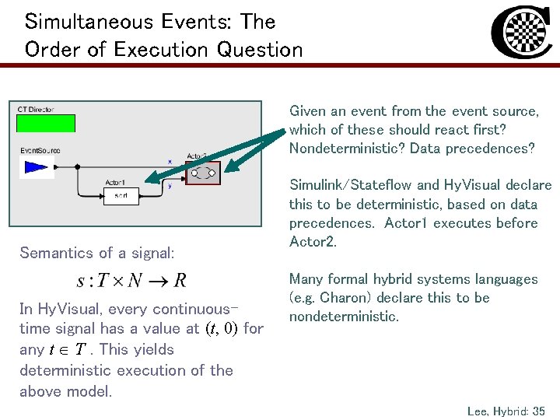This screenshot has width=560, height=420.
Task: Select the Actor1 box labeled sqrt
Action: pyautogui.click(x=121, y=196)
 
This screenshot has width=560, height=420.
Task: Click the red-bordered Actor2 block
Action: pyautogui.click(x=205, y=173)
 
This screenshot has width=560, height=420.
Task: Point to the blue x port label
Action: pyautogui.click(x=170, y=162)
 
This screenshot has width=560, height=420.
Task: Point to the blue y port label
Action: pyautogui.click(x=170, y=186)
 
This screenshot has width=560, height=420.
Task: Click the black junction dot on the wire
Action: pyautogui.click(x=77, y=166)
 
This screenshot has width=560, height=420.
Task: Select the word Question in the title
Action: pyautogui.click(x=260, y=50)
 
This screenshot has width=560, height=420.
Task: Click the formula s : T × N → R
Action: pyautogui.click(x=131, y=280)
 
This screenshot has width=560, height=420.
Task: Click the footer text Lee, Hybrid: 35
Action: pyautogui.click(x=506, y=410)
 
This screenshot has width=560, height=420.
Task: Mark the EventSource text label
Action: pyautogui.click(x=40, y=149)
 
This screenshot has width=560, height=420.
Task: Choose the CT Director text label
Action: pyautogui.click(x=36, y=110)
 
